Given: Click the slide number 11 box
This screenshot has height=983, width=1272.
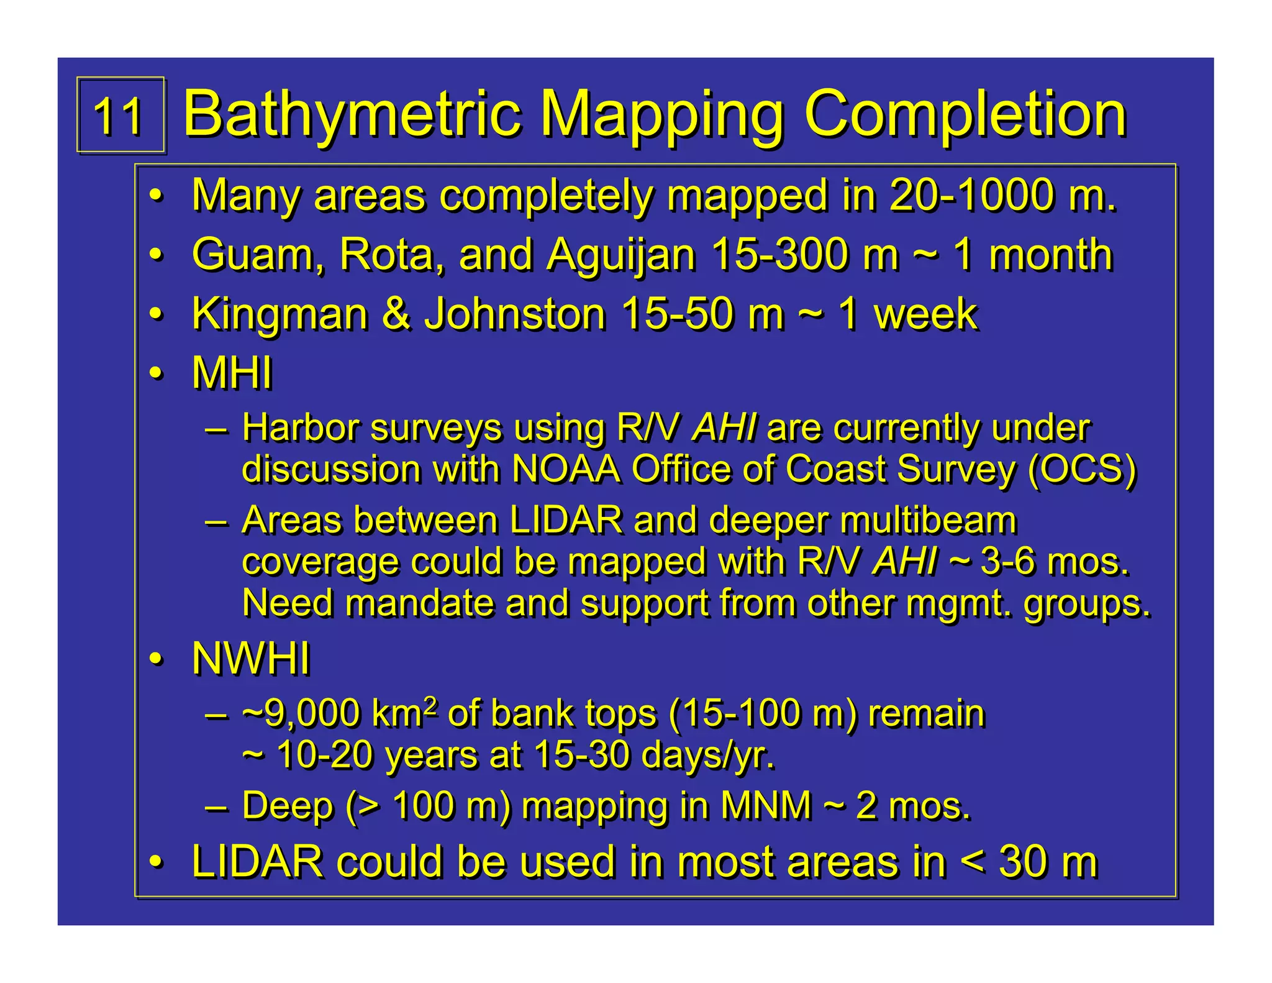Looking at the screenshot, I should (120, 115).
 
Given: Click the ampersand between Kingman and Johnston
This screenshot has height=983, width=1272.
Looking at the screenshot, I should (396, 314).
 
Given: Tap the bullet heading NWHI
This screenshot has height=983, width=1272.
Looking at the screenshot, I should (251, 659).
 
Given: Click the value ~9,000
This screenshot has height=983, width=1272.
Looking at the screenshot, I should (301, 713).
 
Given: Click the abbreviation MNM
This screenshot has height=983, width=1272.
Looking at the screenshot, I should (766, 806).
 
